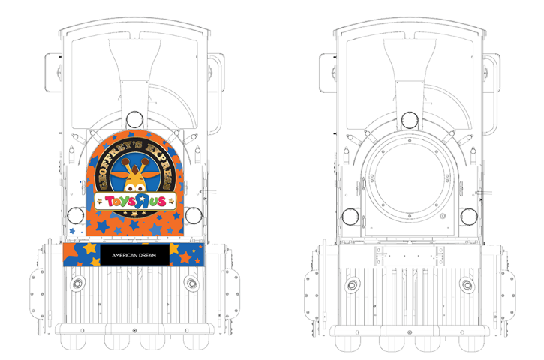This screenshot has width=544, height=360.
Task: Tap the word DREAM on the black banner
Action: (x=148, y=255)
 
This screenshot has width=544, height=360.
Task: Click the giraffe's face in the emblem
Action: (x=135, y=176)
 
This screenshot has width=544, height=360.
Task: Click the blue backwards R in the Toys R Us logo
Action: (x=142, y=202)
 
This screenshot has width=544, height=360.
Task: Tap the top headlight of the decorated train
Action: (x=134, y=120)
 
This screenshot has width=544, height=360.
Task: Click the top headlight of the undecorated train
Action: (x=410, y=121)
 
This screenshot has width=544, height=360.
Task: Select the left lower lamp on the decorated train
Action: (x=75, y=216)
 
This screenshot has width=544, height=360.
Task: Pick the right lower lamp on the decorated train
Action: (x=194, y=216)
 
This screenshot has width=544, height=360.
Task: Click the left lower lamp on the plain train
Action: (x=350, y=217)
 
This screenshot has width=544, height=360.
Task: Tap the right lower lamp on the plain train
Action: (x=469, y=217)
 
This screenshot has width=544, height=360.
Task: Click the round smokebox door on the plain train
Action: (x=410, y=178)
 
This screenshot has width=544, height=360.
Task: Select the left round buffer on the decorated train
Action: (x=77, y=283)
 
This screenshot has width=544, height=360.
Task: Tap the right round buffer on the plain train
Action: (x=467, y=285)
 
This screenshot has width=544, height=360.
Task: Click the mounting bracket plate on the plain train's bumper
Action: (x=410, y=256)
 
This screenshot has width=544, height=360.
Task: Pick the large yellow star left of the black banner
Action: (x=89, y=248)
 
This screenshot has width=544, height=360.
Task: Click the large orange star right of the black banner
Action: (x=185, y=257)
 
